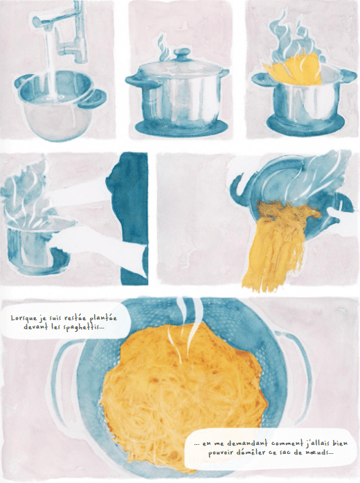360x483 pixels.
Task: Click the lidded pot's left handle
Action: [x=133, y=79]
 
